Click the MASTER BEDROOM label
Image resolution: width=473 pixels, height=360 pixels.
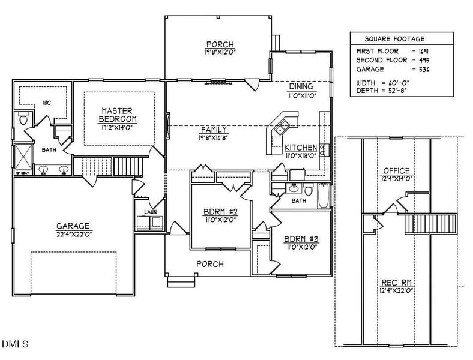point(117,115)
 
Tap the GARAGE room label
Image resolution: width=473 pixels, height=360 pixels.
point(73,226)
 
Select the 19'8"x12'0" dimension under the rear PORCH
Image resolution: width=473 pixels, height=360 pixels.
point(218,53)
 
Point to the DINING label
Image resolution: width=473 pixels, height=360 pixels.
point(301,86)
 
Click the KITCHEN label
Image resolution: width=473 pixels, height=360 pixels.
point(301,148)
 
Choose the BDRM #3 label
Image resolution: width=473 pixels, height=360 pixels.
point(301,240)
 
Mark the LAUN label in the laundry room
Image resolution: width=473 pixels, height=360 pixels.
point(148,212)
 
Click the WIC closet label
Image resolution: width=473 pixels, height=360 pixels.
point(47,103)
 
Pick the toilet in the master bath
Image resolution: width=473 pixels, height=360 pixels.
point(24,119)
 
